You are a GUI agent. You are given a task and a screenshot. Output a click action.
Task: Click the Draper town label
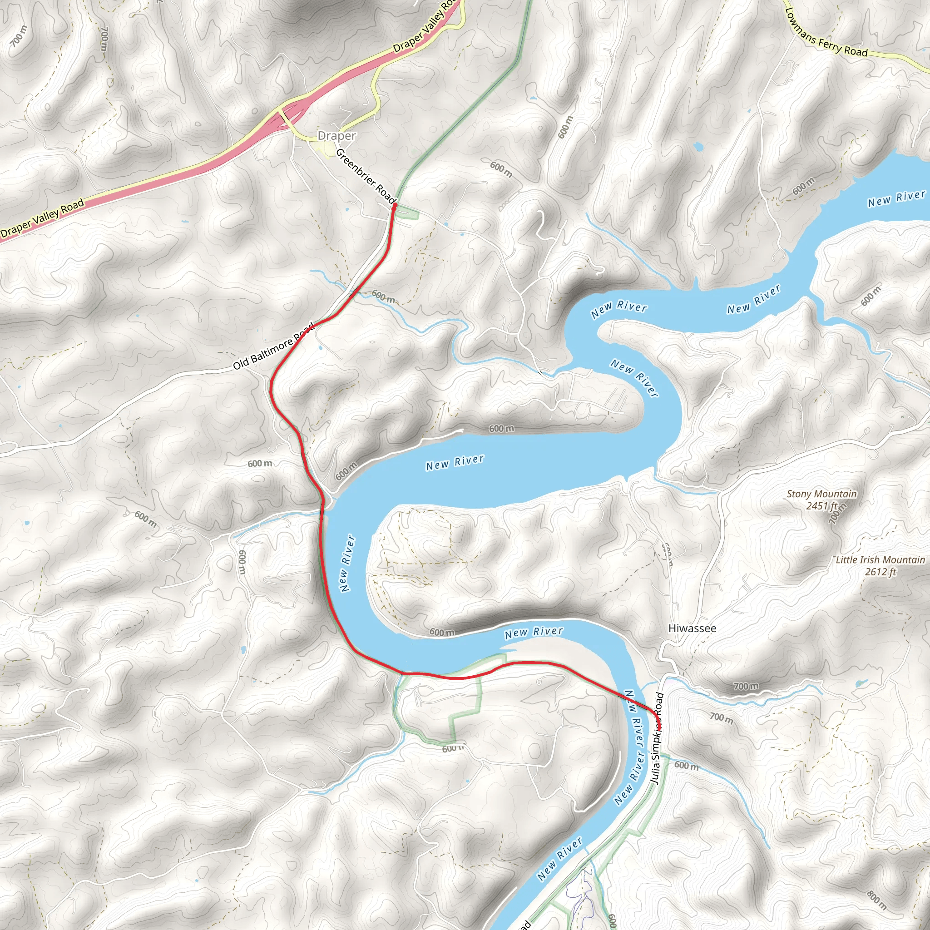(336, 136)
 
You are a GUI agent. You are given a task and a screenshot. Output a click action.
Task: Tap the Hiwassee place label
(692, 628)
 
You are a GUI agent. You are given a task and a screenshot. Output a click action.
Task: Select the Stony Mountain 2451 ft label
(821, 500)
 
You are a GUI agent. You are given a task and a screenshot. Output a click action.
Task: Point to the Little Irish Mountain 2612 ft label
(880, 566)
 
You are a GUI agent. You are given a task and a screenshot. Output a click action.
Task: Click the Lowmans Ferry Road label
(826, 34)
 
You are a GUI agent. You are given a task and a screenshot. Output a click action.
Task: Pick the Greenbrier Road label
(366, 176)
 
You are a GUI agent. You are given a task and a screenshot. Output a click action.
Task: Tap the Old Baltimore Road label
(273, 346)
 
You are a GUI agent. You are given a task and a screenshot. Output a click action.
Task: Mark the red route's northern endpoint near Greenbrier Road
(394, 206)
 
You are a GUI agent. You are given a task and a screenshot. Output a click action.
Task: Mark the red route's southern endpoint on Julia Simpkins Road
(659, 729)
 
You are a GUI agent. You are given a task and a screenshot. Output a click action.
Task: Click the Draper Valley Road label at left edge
(42, 219)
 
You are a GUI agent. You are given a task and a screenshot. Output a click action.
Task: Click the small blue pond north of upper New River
(697, 146)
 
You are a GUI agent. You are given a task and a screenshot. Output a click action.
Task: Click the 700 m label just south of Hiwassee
(746, 687)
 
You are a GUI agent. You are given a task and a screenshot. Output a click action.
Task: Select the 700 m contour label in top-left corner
(19, 36)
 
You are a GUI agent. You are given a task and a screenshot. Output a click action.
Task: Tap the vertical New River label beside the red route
(346, 564)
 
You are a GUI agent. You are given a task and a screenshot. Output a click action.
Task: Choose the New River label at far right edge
(896, 198)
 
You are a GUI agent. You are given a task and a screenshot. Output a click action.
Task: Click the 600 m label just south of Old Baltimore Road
(260, 464)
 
